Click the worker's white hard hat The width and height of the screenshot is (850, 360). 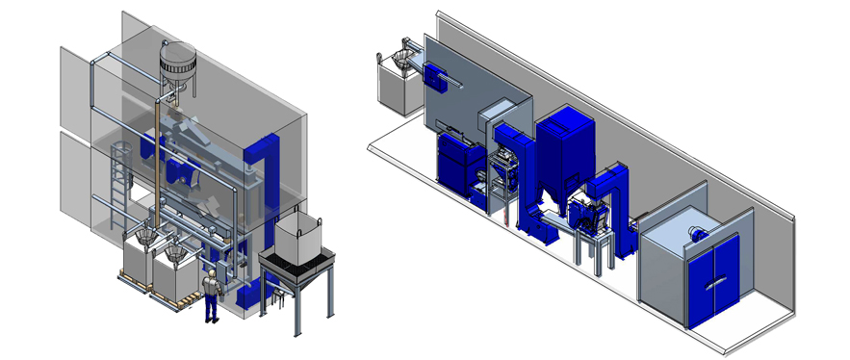point(210,274)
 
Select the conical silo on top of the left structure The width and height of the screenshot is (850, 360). point(177,65)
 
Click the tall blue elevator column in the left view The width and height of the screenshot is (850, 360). point(261,183)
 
